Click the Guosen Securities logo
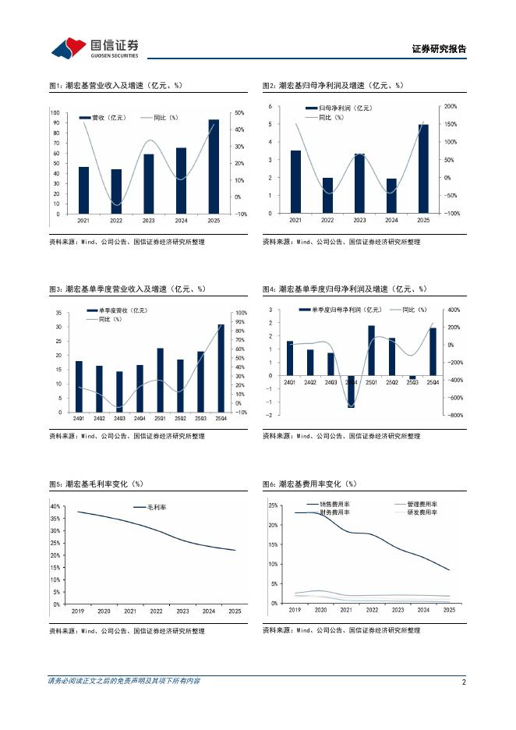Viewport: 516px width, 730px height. (95, 48)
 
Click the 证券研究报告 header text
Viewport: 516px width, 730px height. (439, 48)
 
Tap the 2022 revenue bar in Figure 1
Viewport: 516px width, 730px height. (116, 191)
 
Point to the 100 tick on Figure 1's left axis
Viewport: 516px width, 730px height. (55, 112)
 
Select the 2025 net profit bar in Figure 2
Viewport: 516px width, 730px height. (423, 168)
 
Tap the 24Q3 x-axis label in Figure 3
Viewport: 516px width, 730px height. (119, 419)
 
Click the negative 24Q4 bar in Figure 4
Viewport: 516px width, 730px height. (352, 392)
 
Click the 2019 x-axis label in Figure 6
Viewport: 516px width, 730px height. (295, 611)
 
